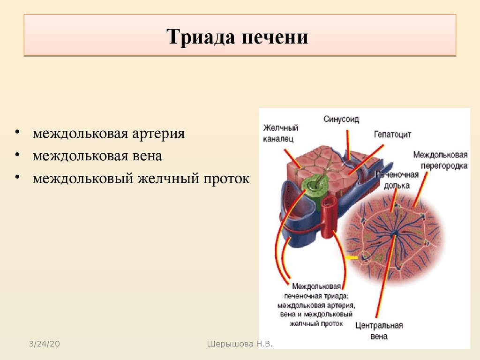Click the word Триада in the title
click(x=201, y=37)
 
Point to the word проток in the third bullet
click(x=227, y=179)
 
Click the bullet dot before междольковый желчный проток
click(x=17, y=178)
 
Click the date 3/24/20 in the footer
click(x=45, y=344)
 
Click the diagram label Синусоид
click(x=341, y=120)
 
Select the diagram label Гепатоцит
click(x=393, y=135)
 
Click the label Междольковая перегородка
click(x=441, y=160)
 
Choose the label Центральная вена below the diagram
click(x=379, y=331)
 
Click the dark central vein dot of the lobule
click(x=396, y=233)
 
